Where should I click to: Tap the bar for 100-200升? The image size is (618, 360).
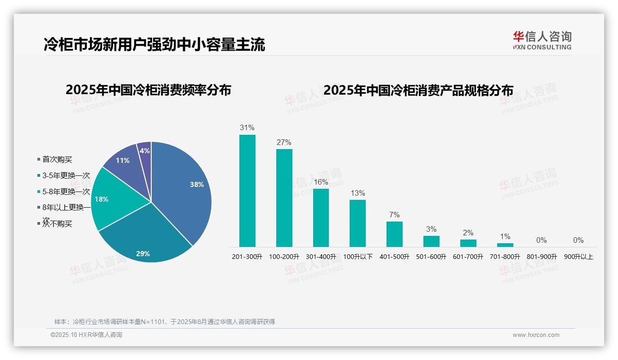tap(284, 198)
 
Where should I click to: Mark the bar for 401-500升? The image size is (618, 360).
tap(394, 234)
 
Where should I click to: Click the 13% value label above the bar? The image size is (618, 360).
tap(357, 193)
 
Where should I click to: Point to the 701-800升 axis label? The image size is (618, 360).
tap(505, 257)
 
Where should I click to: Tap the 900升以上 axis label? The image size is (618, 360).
tap(578, 257)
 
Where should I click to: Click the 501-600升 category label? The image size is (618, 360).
tap(431, 257)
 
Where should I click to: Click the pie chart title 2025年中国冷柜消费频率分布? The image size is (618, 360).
tap(148, 90)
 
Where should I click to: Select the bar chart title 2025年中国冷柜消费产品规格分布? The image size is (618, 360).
tap(418, 90)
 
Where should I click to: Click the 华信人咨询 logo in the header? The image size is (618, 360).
tap(542, 40)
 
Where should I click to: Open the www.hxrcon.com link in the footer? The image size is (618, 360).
tap(536, 335)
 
